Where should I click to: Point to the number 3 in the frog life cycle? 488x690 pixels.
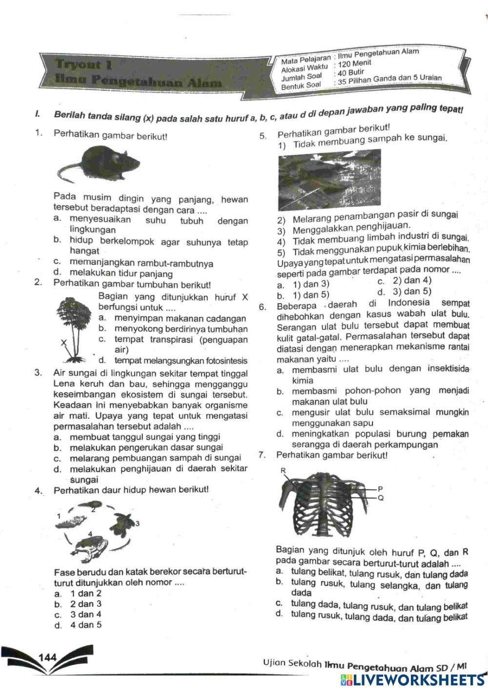tap(137, 523)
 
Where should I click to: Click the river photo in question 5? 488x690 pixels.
tap(329, 179)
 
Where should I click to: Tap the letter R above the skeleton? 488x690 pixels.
tap(283, 471)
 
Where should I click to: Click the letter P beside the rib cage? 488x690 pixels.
tap(380, 488)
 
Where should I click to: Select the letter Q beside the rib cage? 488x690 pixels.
tap(380, 498)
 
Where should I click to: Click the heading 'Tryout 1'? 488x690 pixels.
tap(84, 64)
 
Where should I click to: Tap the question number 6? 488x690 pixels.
tap(262, 307)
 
